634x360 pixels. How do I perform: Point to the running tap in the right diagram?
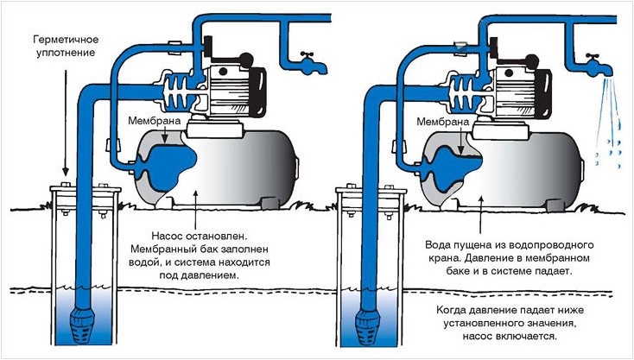(x=596, y=62)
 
